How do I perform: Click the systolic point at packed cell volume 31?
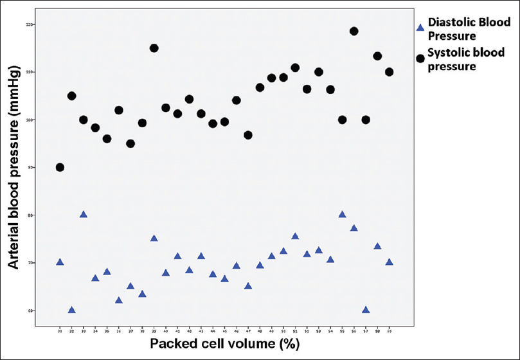click(x=60, y=167)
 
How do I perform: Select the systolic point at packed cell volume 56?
click(x=354, y=31)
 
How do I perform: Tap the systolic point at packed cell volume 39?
click(x=154, y=48)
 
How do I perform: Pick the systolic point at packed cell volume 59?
click(x=389, y=71)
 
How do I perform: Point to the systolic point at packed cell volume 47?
click(x=248, y=135)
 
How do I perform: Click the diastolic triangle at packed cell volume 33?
click(x=84, y=214)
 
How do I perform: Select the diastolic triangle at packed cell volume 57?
click(x=366, y=309)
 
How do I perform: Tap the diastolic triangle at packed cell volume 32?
click(x=71, y=310)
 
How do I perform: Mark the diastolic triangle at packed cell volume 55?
click(x=342, y=214)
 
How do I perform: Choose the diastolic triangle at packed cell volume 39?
click(x=154, y=238)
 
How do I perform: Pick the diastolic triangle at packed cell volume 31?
click(x=60, y=262)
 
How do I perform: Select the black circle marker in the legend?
click(x=420, y=59)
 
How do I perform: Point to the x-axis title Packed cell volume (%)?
click(x=224, y=344)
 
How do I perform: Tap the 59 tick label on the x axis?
click(x=389, y=330)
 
